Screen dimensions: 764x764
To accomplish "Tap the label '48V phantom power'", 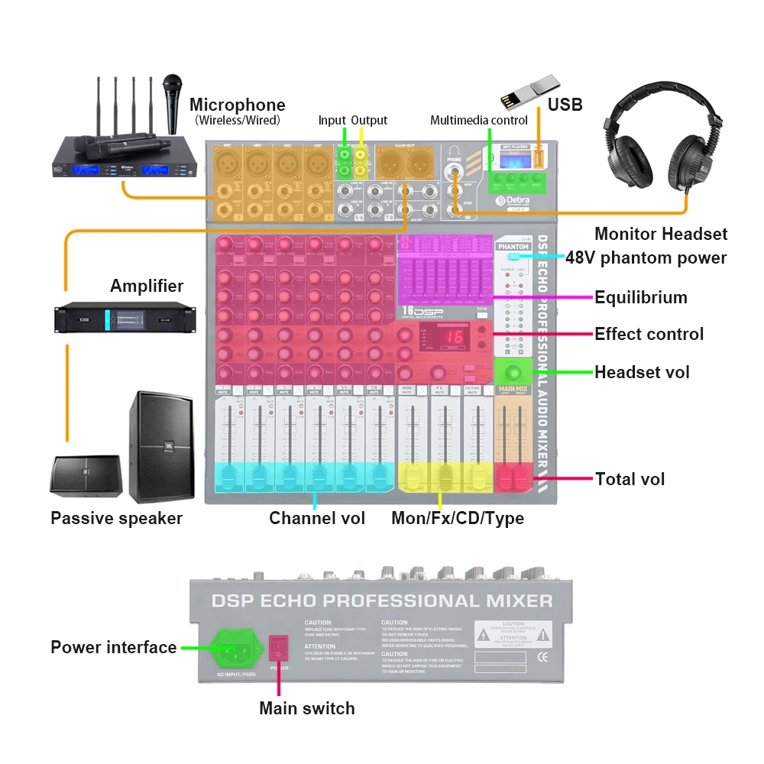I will (x=646, y=257).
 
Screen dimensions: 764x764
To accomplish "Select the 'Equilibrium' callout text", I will (x=641, y=297).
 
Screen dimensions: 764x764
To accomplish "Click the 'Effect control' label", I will (x=649, y=334).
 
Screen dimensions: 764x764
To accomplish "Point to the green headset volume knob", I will (x=513, y=372).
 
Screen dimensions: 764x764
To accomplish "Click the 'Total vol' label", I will (x=630, y=479).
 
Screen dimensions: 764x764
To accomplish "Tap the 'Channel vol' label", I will (x=317, y=519).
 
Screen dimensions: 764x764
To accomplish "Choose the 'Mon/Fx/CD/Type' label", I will (x=458, y=519).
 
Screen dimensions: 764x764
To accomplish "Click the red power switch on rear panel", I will (x=279, y=649).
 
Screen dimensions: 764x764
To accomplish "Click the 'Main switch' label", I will (x=307, y=708).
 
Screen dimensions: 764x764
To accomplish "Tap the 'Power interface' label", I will (x=114, y=648).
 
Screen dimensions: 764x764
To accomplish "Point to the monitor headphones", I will (x=662, y=145).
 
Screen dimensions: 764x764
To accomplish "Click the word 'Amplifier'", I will (x=147, y=286).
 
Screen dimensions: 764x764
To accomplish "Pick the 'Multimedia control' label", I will (x=479, y=121).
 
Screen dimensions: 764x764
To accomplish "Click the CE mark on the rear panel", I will (x=542, y=656).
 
